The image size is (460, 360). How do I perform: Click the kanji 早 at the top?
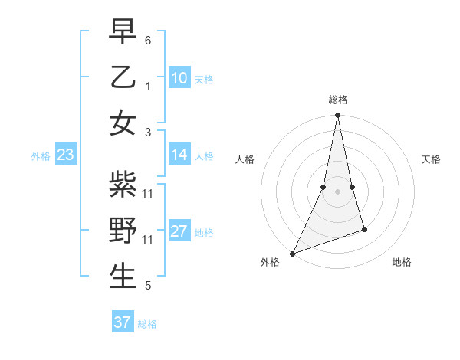pyautogui.click(x=123, y=32)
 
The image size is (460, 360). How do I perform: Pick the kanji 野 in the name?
pyautogui.click(x=123, y=231)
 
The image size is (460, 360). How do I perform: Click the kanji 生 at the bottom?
pyautogui.click(x=123, y=276)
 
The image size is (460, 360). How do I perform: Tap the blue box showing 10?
pyautogui.click(x=179, y=78)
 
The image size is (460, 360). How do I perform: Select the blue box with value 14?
pyautogui.click(x=179, y=155)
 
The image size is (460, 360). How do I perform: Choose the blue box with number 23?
pyautogui.click(x=66, y=155)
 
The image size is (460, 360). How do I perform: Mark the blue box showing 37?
pyautogui.click(x=122, y=322)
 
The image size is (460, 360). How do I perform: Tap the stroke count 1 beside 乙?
pyautogui.click(x=148, y=85)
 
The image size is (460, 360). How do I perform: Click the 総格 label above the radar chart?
pyautogui.click(x=338, y=100)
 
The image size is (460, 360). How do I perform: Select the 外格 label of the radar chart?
pyautogui.click(x=270, y=262)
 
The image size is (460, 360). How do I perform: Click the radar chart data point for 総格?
pyautogui.click(x=337, y=116)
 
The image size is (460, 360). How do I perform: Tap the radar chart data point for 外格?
pyautogui.click(x=293, y=253)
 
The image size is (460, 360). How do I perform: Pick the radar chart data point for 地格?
pyautogui.click(x=364, y=229)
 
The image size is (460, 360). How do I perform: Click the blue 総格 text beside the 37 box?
pyautogui.click(x=147, y=324)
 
